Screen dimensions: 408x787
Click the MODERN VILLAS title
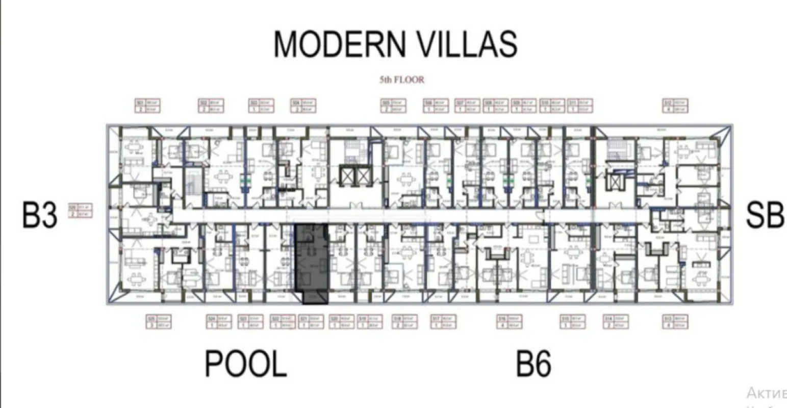point(395,44)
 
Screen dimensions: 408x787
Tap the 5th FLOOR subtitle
point(401,80)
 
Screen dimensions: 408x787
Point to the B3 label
point(40,215)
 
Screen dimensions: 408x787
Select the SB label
point(765,215)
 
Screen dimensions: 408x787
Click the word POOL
point(245,364)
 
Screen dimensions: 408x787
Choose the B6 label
point(534,364)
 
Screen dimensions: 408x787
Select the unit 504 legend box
point(303,106)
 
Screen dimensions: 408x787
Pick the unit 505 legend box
point(393,106)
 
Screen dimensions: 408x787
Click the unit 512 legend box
point(675,106)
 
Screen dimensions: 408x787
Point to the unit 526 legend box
point(81,211)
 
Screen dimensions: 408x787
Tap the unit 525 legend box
point(158,322)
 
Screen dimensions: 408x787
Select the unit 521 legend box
point(311,322)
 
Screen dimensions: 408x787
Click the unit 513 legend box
point(675,322)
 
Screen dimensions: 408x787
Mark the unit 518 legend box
point(404,322)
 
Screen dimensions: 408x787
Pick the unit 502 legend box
point(211,106)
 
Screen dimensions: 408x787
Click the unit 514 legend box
point(616,322)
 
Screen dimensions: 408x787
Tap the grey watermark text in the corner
point(766,393)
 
